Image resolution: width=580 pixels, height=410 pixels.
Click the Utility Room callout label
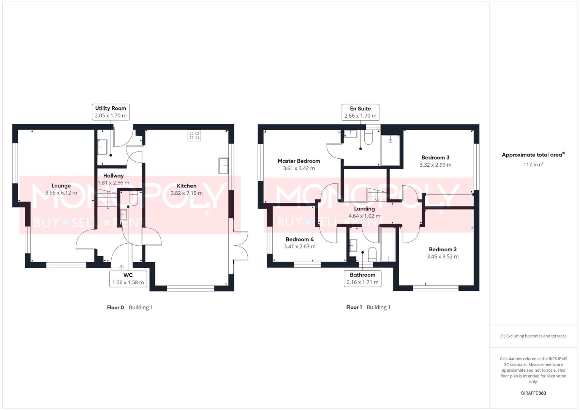pos(111,112)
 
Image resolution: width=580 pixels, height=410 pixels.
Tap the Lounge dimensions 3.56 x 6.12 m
pos(61,193)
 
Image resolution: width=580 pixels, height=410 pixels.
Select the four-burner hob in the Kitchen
pos(194,136)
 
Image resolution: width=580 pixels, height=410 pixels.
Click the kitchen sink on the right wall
pos(223,166)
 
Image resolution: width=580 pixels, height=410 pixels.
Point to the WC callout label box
pos(128,279)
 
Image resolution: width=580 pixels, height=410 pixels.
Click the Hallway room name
pos(113,176)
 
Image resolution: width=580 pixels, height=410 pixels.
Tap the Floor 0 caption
pos(115,307)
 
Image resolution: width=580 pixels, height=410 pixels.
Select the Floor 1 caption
pos(354,307)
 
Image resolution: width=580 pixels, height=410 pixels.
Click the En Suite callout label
pos(360,112)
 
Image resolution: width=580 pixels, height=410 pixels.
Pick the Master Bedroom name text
pos(299,161)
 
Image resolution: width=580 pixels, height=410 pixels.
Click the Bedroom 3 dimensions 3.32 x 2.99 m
pos(435,165)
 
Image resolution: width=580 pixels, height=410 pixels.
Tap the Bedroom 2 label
pos(443,249)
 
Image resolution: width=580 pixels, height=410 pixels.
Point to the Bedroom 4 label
pos(300,240)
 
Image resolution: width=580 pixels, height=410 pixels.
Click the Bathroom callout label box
pos(362,279)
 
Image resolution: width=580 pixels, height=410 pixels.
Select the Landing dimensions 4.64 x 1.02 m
pos(364,216)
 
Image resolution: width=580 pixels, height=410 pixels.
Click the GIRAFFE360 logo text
pos(533,393)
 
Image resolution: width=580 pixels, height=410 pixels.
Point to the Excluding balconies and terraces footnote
pos(533,336)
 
